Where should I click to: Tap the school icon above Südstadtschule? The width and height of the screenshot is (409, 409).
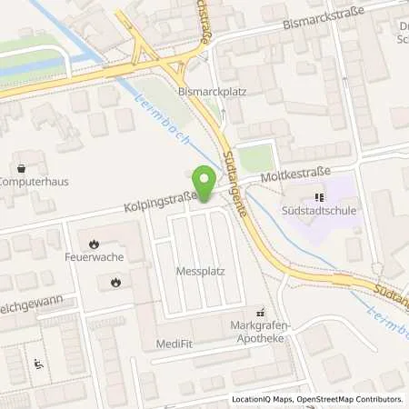pos(318,197)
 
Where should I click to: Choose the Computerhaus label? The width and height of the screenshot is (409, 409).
pos(33,181)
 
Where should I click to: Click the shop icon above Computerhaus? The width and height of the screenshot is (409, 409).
pos(22,167)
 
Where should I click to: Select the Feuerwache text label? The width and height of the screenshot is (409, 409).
pos(95,258)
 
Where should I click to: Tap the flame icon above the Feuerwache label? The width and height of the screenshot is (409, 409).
pos(95,244)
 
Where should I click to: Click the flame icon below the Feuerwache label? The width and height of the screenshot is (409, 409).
pos(115,283)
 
